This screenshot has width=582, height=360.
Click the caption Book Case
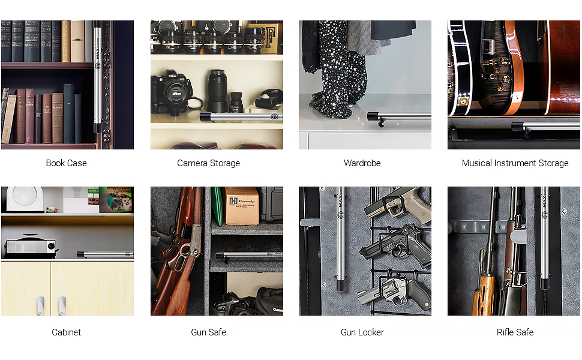[x=66, y=163]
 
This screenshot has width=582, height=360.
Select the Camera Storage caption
[x=208, y=163]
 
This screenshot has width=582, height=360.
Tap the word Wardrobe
[x=362, y=163]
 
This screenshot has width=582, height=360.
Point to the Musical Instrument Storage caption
[x=515, y=163]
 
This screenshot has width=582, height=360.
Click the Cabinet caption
[x=66, y=332]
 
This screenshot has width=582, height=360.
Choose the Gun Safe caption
[x=208, y=332]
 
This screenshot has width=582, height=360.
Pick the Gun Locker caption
[x=362, y=332]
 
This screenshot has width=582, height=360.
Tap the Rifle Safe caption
[x=515, y=332]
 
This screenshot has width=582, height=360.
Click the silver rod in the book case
[x=97, y=78]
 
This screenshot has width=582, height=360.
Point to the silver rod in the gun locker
[x=340, y=240]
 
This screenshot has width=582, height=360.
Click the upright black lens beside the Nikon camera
[x=217, y=90]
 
